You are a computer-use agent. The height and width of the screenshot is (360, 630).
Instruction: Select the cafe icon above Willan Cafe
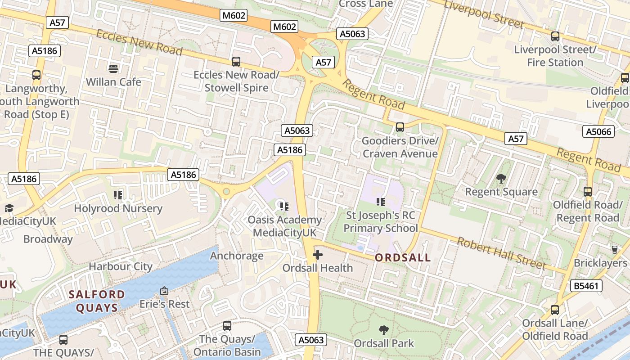click(x=113, y=68)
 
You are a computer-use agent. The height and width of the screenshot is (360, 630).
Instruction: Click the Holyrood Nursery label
click(x=118, y=209)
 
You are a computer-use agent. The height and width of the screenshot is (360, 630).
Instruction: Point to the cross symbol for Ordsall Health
click(x=318, y=255)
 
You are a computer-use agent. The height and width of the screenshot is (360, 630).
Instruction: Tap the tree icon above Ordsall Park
click(x=384, y=330)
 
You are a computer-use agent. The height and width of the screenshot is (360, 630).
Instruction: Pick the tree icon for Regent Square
click(x=501, y=179)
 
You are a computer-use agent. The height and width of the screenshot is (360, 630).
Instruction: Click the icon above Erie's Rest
click(x=164, y=291)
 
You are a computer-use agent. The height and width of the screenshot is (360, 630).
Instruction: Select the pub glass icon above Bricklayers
click(x=615, y=249)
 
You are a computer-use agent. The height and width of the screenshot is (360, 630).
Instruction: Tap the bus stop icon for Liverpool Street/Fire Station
click(x=555, y=36)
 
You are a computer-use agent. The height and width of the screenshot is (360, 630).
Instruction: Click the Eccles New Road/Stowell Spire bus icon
click(x=236, y=62)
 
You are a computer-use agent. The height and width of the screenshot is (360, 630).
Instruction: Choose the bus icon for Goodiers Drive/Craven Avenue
click(x=400, y=127)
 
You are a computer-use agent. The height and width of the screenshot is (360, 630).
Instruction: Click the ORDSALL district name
click(x=403, y=258)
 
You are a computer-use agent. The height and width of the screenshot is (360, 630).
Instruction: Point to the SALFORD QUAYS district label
click(x=96, y=301)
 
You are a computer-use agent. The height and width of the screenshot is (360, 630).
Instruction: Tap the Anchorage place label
click(x=237, y=256)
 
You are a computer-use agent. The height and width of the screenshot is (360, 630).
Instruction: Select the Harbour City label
click(x=121, y=266)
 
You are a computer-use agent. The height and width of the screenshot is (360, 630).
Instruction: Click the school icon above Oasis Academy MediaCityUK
click(x=284, y=206)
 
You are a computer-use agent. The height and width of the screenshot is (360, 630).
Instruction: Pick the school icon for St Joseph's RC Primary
click(x=381, y=202)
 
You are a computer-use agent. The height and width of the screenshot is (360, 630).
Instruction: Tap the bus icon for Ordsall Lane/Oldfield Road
click(x=555, y=310)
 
